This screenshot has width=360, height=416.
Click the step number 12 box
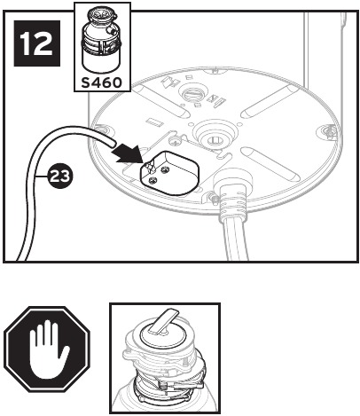coord(37,43)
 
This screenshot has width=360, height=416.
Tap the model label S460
coord(102,82)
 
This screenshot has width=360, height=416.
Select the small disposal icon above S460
coord(101,40)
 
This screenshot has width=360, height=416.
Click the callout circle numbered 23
coord(59,177)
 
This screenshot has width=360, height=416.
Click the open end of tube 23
coord(112,143)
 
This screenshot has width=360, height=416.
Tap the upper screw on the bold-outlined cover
coord(165,169)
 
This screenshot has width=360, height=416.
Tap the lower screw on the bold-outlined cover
coord(153,180)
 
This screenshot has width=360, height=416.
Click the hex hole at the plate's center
coord(214,139)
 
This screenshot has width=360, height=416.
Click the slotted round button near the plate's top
coord(192,94)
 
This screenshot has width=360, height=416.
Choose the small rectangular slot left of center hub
coord(153,122)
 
